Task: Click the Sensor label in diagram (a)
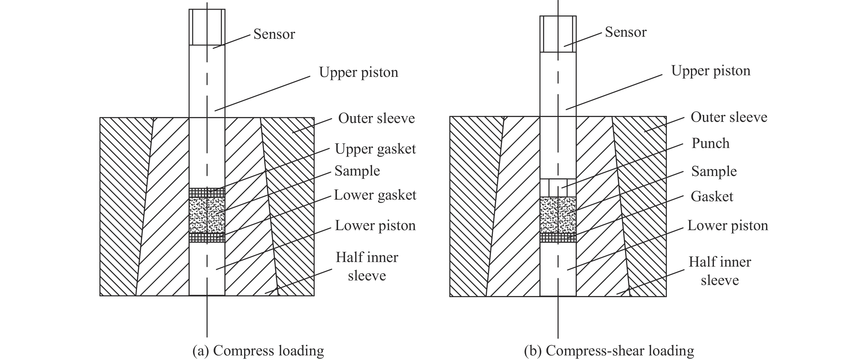(274, 34)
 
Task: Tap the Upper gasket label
(375, 149)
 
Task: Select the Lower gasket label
(375, 195)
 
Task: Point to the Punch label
(710, 143)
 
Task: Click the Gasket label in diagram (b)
(712, 196)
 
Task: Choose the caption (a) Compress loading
(258, 351)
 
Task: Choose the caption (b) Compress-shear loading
(609, 351)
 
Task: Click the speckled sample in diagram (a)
(207, 215)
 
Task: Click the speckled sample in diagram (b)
(558, 215)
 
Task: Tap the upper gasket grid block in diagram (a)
(207, 193)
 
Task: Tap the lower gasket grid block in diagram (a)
(207, 238)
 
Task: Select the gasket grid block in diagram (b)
(558, 238)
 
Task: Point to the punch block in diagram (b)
(558, 188)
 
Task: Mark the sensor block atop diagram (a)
(207, 27)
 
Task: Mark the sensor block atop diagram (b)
(558, 34)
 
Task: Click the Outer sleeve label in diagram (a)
(376, 118)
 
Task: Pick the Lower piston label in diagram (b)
(727, 225)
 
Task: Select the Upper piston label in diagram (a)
(358, 72)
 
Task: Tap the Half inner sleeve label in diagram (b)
(720, 271)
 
